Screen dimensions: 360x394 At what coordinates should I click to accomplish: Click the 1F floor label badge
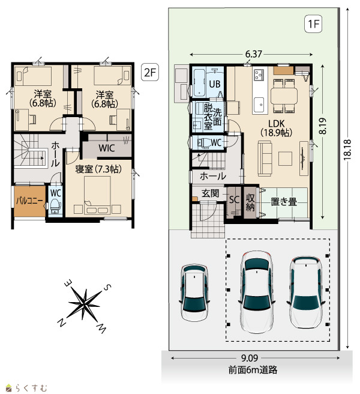pos(313,24)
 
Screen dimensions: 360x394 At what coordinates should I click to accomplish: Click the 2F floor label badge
pos(150,72)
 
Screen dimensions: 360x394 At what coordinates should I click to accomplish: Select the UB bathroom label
pos(215,84)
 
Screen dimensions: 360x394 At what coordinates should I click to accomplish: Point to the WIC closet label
pos(107,148)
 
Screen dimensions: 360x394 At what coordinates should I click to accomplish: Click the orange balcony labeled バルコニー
pos(29,201)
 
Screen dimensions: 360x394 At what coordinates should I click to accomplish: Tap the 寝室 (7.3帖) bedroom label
pos(98,169)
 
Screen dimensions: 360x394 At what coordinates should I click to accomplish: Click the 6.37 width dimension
pos(254,54)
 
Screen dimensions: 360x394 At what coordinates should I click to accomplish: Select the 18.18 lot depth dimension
pos(347,150)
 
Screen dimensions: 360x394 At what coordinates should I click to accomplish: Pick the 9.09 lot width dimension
pos(250,358)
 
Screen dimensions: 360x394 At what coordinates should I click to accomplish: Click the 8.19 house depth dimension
pos(323,126)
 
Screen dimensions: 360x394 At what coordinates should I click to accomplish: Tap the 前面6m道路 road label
pos(253,369)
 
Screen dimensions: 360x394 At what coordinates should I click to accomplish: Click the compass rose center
pos(85,303)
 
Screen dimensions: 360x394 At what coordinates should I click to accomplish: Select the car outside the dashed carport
pos(194,292)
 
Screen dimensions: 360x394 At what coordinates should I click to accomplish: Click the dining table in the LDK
pos(284,95)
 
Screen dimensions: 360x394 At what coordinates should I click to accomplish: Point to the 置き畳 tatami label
pos(284,202)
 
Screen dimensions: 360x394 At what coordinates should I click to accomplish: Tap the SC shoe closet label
pos(234,199)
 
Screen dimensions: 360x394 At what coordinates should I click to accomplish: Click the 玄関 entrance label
pos(211,193)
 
